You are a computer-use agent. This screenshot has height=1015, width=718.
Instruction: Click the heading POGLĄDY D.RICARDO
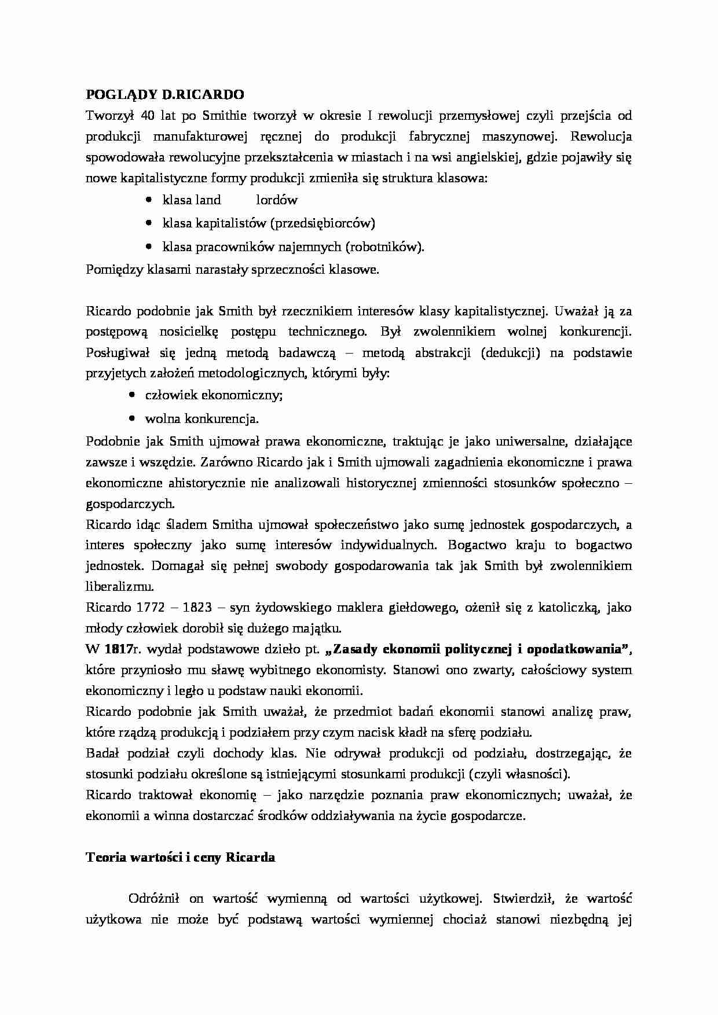click(165, 94)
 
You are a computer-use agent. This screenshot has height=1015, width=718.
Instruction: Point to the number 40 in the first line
click(148, 115)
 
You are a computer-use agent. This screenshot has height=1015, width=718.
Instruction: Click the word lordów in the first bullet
click(277, 200)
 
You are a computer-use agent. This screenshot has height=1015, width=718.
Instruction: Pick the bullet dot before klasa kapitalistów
click(150, 223)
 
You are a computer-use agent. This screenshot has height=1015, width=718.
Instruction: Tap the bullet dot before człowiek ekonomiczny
click(133, 395)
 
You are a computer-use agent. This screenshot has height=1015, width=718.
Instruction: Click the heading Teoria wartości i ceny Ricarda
click(180, 858)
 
